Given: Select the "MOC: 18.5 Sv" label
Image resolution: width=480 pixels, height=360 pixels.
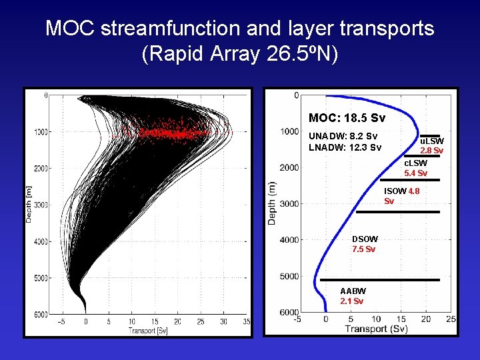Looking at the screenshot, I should [347, 118].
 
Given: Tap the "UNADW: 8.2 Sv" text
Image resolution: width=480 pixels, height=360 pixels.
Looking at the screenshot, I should [343, 136].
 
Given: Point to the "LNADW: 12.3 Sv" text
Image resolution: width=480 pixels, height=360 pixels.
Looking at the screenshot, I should [345, 147].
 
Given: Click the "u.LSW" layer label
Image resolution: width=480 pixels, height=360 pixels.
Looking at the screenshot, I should [431, 141].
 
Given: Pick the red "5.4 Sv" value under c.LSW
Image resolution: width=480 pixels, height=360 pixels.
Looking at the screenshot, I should [416, 173].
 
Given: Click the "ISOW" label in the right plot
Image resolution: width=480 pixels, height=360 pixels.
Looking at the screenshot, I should [395, 191].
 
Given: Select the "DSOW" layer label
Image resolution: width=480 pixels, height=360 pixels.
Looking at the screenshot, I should [365, 239].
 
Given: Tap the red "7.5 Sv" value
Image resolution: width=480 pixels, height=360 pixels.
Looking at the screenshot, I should [363, 249].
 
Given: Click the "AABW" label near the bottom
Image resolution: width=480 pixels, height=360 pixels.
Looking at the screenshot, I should [353, 291].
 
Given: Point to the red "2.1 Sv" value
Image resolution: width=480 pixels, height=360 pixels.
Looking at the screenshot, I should [352, 301].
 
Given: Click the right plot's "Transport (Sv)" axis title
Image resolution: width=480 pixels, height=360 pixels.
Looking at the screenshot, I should [376, 329].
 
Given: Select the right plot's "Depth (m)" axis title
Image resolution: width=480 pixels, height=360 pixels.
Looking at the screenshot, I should [272, 202].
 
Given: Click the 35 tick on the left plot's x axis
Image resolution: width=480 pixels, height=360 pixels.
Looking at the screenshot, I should [247, 322].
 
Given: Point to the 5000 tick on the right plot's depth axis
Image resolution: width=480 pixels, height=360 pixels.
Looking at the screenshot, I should [289, 276].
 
